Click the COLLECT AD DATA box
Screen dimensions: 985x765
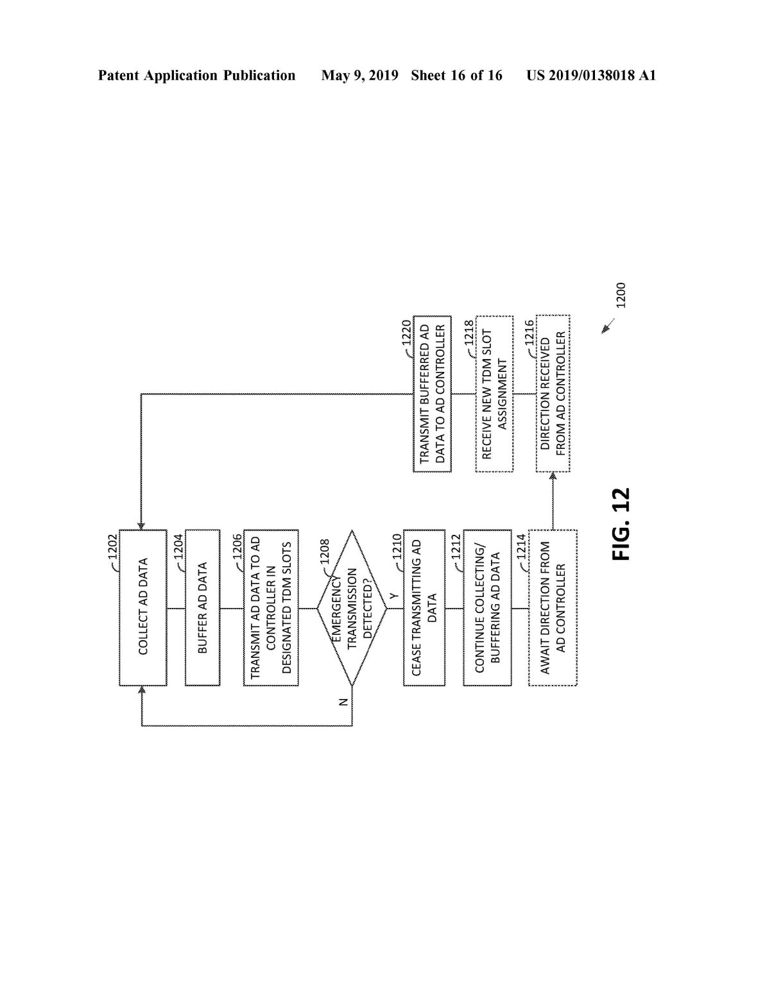143,607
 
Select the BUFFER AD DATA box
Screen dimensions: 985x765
202,607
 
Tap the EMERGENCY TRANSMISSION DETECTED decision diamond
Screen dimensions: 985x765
352,607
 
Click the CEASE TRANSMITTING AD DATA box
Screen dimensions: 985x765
424,607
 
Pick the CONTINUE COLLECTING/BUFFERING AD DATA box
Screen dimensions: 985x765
487,607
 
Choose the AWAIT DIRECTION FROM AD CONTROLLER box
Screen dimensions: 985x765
553,607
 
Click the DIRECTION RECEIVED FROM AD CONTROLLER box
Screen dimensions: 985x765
553,394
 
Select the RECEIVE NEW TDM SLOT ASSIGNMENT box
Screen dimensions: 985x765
494,394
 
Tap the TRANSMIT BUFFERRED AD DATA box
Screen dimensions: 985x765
432,394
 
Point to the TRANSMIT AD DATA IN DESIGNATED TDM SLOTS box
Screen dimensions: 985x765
271,607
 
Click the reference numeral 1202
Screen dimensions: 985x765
113,546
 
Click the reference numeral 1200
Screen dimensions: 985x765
620,295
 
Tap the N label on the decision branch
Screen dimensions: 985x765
344,702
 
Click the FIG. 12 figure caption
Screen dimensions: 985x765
621,525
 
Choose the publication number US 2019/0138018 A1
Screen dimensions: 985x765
590,76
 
